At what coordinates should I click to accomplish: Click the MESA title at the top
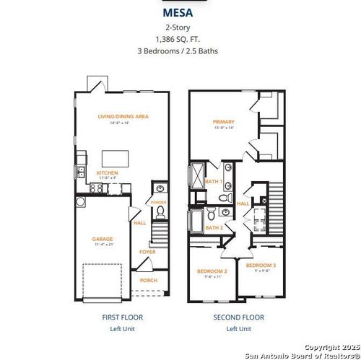click(x=180, y=13)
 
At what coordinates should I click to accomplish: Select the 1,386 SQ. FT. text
click(x=180, y=39)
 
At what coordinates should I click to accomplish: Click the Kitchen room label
click(x=107, y=172)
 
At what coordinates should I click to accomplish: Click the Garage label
click(x=102, y=238)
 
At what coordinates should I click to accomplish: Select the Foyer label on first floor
click(x=147, y=252)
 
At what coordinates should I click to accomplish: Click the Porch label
click(x=149, y=280)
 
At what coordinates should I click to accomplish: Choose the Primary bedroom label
click(x=224, y=122)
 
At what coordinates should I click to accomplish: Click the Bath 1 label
click(x=213, y=181)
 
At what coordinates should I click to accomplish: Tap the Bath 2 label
click(x=213, y=227)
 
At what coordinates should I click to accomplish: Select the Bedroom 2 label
click(x=212, y=271)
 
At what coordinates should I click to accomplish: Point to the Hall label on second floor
click(x=243, y=203)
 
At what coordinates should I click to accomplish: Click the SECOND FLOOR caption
click(x=238, y=317)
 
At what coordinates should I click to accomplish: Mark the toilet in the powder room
click(x=160, y=212)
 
